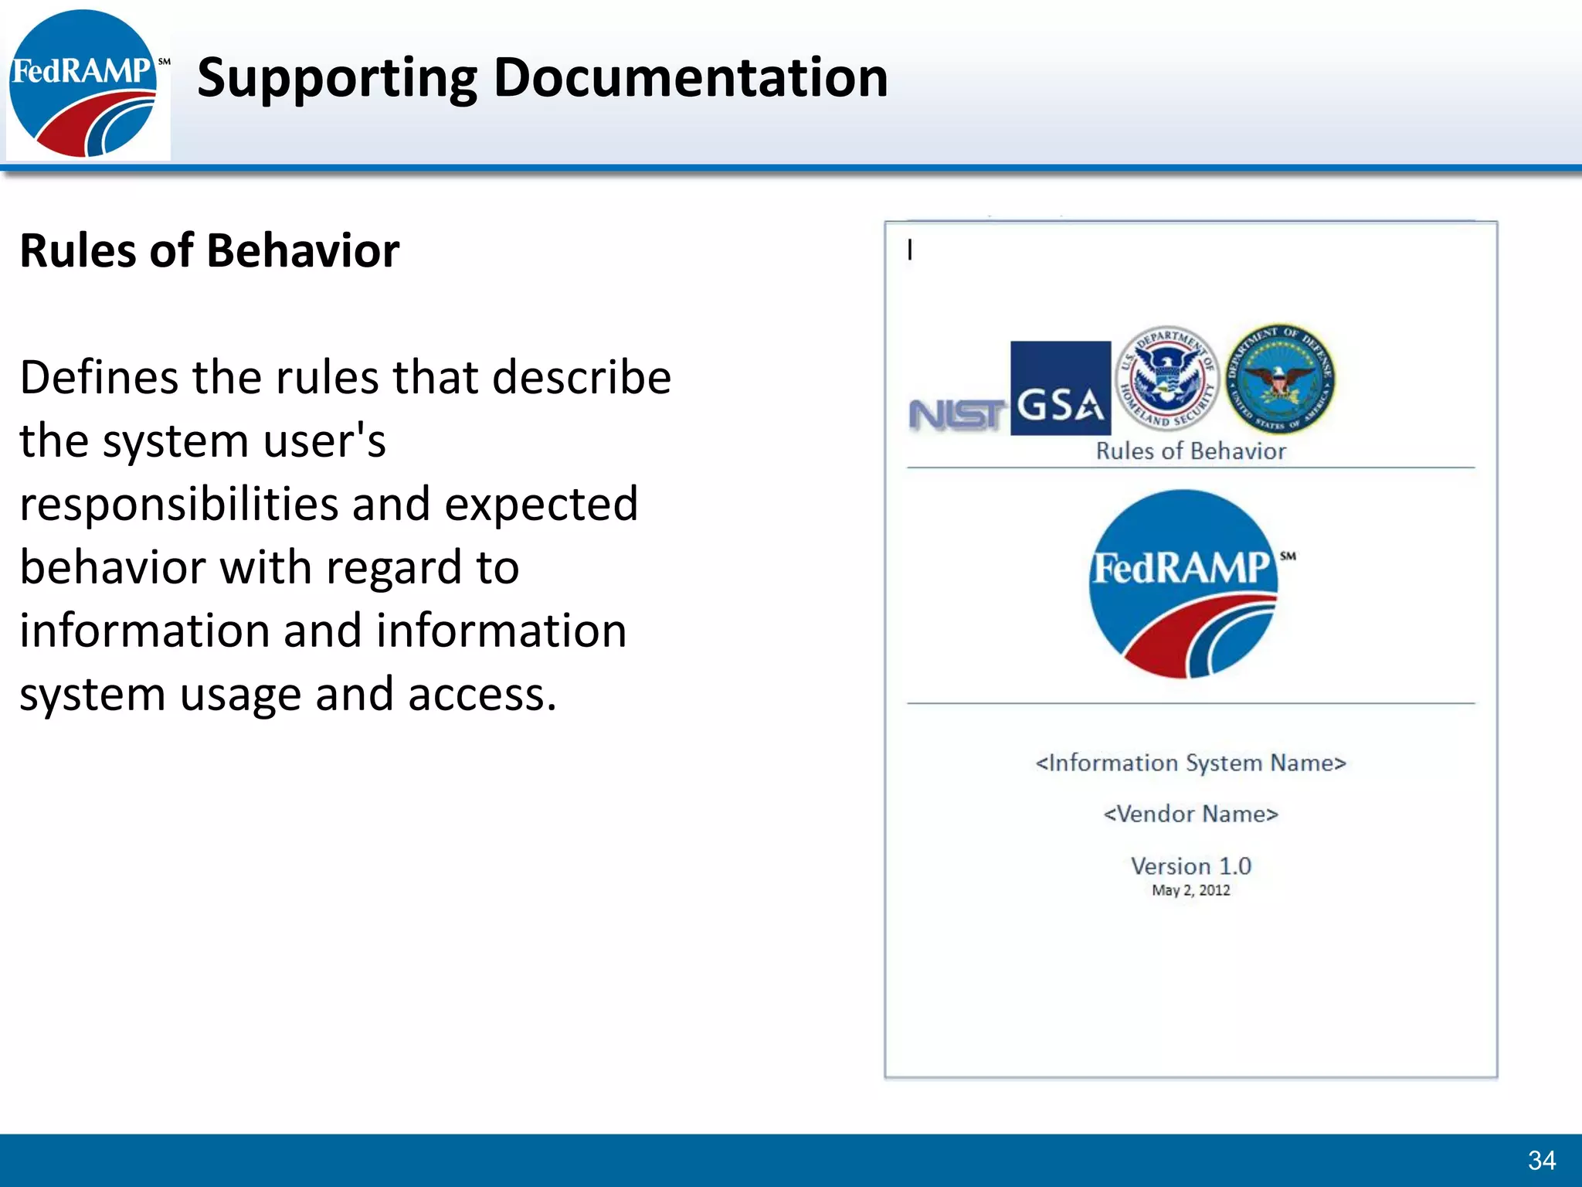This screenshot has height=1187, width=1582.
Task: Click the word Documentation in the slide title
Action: click(x=691, y=78)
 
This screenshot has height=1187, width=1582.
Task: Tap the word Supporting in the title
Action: click(x=338, y=80)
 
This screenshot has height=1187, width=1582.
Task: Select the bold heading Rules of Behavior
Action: click(x=209, y=251)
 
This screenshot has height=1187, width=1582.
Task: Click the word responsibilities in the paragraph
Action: click(x=178, y=505)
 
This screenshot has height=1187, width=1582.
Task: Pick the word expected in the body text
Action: click(x=541, y=505)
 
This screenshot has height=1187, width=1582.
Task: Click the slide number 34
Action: click(x=1541, y=1160)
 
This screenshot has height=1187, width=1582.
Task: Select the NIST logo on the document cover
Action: click(x=956, y=415)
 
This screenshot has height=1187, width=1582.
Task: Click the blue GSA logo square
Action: click(x=1060, y=389)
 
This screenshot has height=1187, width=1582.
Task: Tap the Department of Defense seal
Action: click(x=1280, y=379)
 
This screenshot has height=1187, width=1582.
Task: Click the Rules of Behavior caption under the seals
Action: click(x=1190, y=451)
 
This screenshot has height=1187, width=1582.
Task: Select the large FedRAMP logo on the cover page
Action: click(x=1185, y=584)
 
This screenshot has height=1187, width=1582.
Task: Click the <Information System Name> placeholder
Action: click(x=1190, y=764)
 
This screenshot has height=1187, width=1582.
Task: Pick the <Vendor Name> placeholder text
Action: click(x=1190, y=815)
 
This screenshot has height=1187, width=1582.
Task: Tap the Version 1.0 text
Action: click(x=1190, y=866)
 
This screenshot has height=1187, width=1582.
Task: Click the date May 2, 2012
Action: click(x=1190, y=890)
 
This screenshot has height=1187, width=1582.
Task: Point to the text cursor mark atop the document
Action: click(x=910, y=250)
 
